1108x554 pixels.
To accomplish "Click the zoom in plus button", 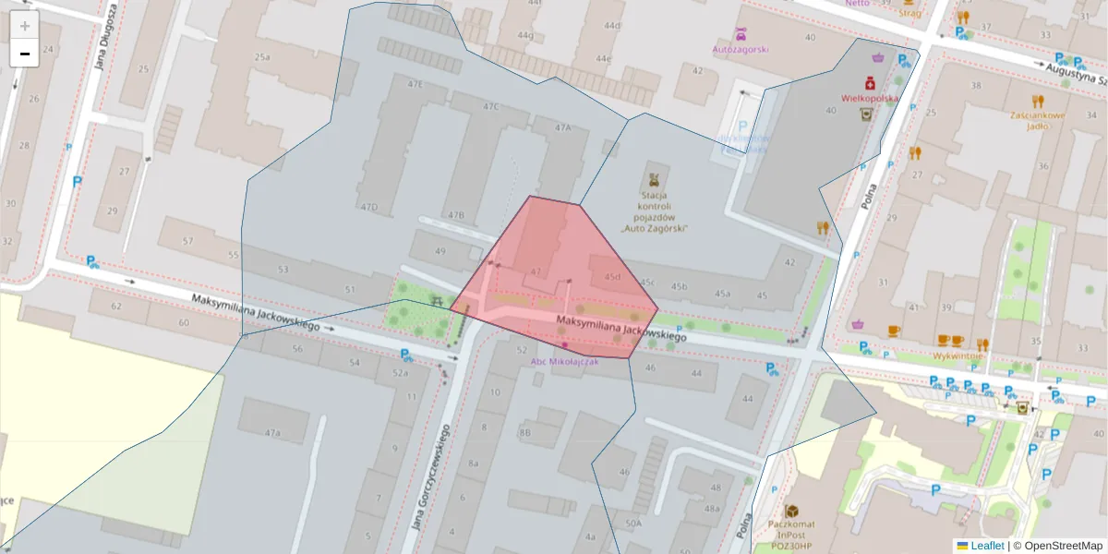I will click(25, 25).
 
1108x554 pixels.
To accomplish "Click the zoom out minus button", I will click(25, 54).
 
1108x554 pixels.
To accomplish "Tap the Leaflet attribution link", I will click(986, 546).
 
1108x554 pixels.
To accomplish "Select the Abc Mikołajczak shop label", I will click(564, 361).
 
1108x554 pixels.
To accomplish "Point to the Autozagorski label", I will click(740, 48).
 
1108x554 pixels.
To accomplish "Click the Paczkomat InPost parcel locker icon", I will click(791, 511).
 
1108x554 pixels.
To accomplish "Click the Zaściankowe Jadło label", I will click(1038, 121).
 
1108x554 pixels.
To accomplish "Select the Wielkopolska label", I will click(869, 97).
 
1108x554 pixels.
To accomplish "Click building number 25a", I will click(262, 57).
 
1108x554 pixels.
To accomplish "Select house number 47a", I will click(272, 432).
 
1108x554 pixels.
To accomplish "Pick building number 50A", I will click(632, 524).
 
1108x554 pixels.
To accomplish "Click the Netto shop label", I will click(858, 3).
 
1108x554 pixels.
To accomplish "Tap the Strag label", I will click(909, 13).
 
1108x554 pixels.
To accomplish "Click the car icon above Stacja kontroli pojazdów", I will click(655, 177).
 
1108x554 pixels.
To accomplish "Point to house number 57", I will click(187, 241).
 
